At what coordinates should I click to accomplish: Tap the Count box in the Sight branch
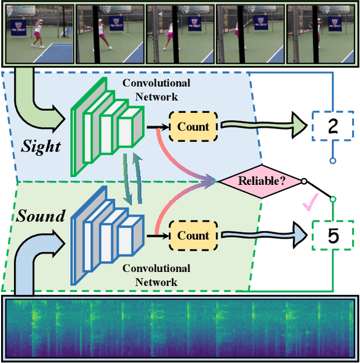pyautogui.click(x=193, y=127)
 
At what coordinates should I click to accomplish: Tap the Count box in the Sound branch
pyautogui.click(x=193, y=236)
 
